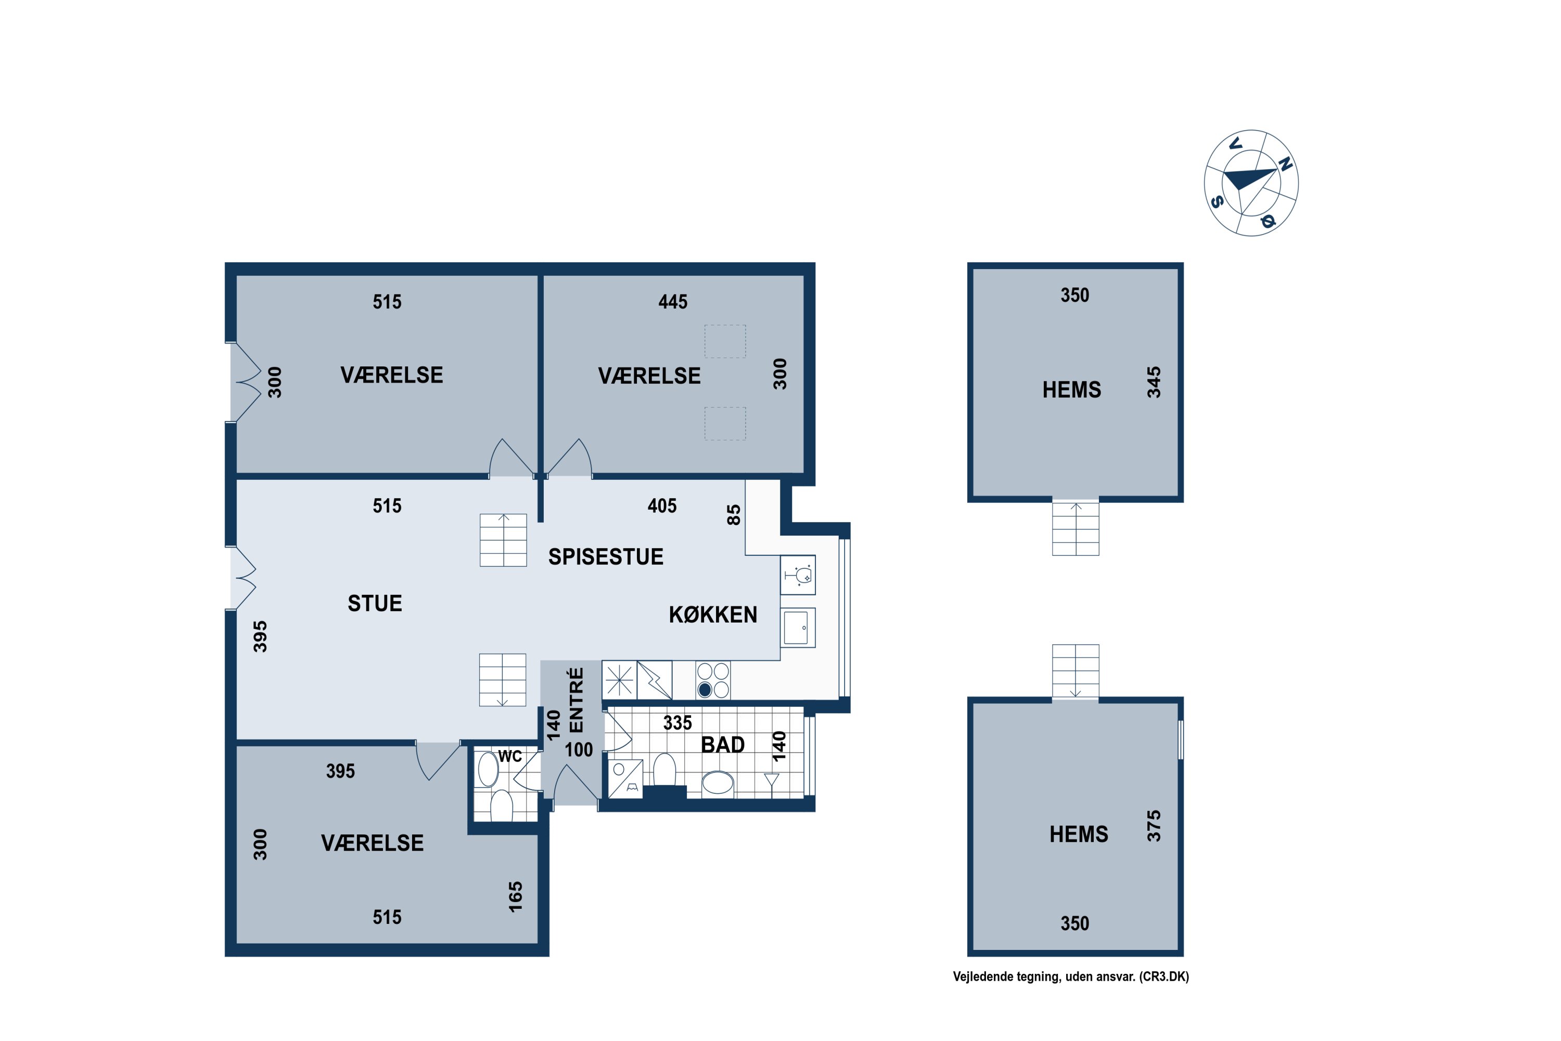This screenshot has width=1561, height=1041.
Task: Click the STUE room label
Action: (375, 603)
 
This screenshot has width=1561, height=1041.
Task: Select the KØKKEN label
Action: (713, 615)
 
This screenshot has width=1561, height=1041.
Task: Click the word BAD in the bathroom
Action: (723, 745)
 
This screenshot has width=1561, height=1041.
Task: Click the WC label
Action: (510, 756)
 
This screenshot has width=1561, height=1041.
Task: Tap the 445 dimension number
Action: (673, 302)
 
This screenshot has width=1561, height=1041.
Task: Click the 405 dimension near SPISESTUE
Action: (662, 506)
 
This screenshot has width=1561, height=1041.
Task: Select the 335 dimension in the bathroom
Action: (677, 723)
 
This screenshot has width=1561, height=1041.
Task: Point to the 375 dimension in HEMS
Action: (1154, 826)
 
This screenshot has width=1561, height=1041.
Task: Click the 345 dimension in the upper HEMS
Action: (1154, 383)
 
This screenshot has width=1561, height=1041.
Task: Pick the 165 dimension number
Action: (516, 897)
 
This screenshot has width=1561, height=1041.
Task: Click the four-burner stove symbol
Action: (713, 680)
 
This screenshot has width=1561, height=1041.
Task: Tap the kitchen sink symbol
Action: (798, 627)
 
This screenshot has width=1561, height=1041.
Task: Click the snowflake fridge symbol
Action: (619, 680)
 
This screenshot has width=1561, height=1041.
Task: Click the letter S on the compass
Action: (1217, 201)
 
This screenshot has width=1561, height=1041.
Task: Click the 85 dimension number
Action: (733, 515)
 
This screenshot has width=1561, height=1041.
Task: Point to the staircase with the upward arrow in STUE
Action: (503, 540)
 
